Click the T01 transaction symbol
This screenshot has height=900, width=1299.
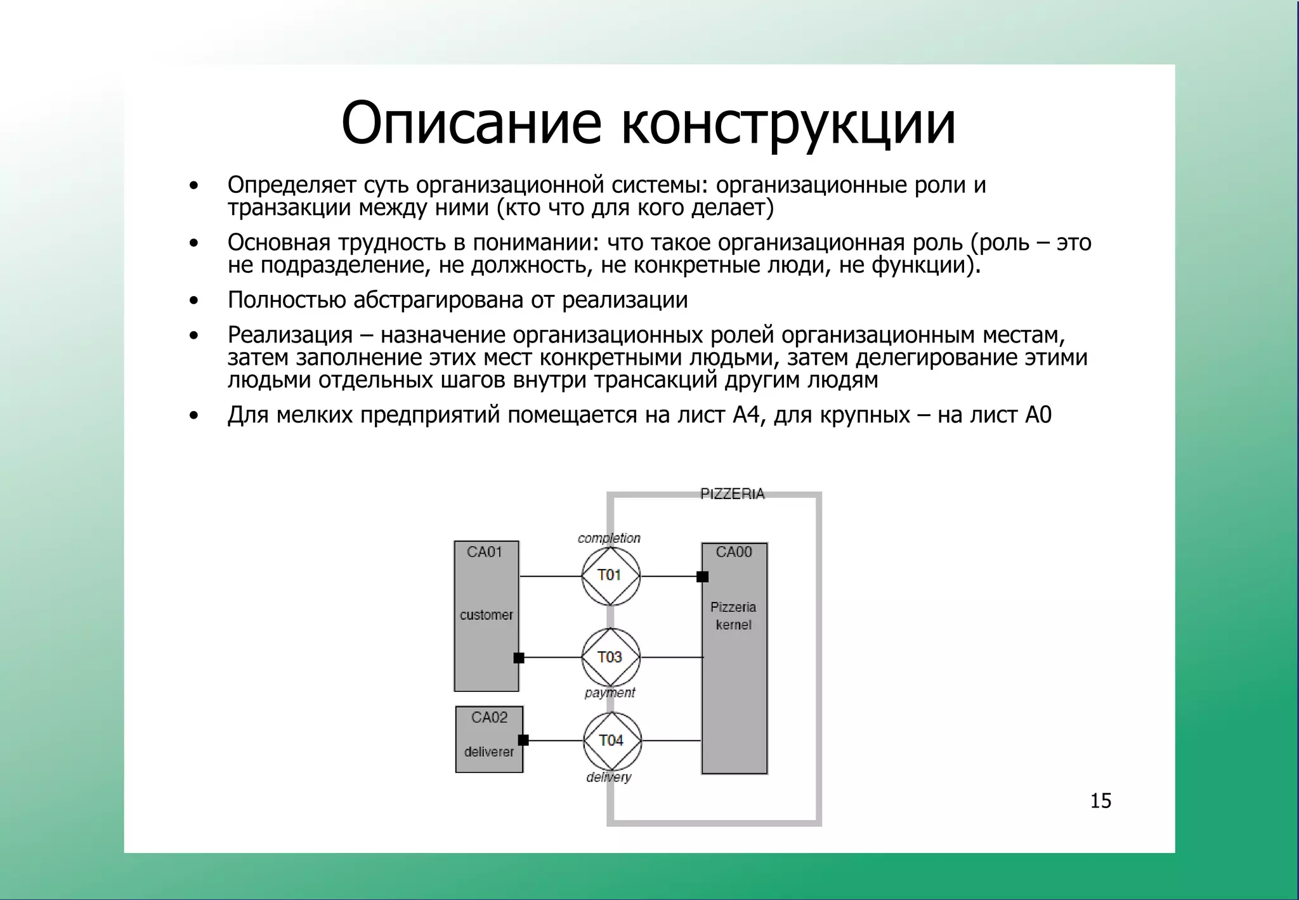[x=610, y=576]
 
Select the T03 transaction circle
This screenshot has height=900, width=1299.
[x=610, y=658]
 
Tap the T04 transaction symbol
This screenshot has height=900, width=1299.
[x=611, y=741]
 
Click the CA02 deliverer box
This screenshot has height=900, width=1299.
[x=489, y=740]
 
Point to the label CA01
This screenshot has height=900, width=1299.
[x=485, y=552]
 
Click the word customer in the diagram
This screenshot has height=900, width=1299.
[x=486, y=615]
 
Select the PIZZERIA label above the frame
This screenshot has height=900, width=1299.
[x=732, y=494]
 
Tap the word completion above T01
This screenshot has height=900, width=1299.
[x=609, y=538]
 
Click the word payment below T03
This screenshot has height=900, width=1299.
[x=610, y=693]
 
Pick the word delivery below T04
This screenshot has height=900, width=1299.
[x=609, y=778]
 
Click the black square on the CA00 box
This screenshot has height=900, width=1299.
[x=702, y=577]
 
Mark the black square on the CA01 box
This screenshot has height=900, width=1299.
[x=519, y=658]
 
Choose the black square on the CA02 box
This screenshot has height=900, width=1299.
[x=523, y=740]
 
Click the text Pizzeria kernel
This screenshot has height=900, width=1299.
[x=733, y=616]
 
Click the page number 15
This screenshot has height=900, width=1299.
[x=1100, y=801]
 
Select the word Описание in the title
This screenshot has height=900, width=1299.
[x=470, y=122]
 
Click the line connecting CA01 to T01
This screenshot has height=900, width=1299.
[x=551, y=576]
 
